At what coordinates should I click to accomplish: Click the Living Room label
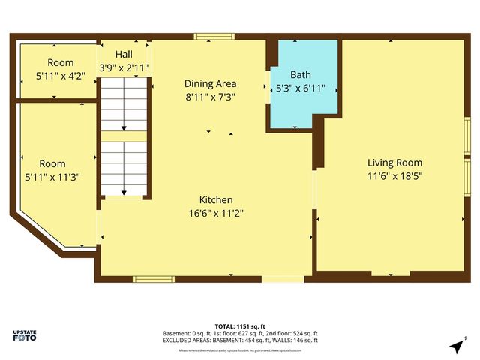[394, 163]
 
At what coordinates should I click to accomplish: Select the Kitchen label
[215, 200]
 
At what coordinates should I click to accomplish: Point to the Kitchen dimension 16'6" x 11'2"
[215, 213]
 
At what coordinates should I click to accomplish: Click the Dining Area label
[210, 84]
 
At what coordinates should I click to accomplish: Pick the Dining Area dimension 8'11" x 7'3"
[210, 97]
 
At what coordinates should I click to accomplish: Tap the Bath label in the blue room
[300, 75]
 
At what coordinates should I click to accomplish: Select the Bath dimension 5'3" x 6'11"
[300, 88]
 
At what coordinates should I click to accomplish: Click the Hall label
[124, 55]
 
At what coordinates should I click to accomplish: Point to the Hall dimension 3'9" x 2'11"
[124, 67]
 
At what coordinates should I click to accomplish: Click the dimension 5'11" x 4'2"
[61, 75]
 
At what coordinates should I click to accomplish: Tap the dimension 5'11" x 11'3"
[52, 176]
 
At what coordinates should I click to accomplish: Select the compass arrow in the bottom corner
[457, 345]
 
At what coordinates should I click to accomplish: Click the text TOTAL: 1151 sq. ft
[240, 325]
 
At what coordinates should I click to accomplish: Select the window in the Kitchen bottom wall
[154, 279]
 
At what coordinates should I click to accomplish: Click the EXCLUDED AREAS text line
[240, 340]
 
